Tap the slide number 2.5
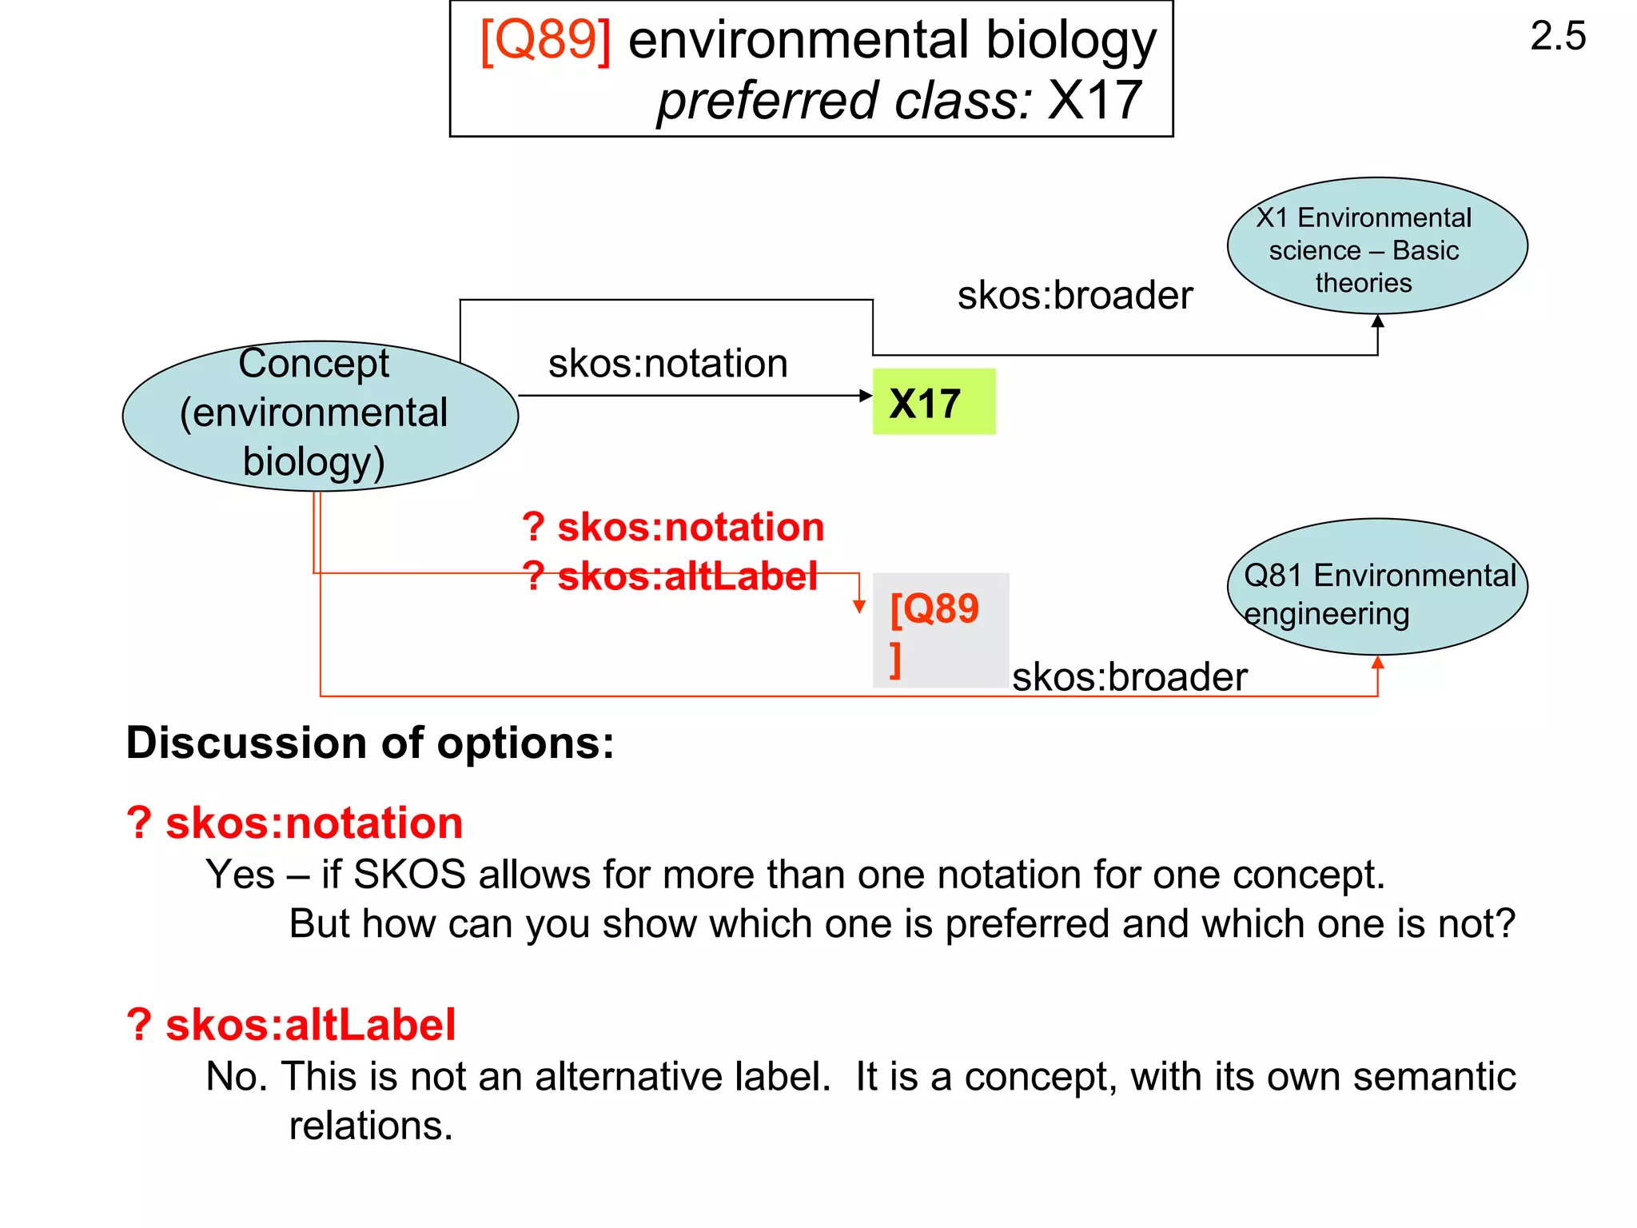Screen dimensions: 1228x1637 pyautogui.click(x=1557, y=37)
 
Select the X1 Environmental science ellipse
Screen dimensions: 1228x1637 pyautogui.click(x=1376, y=246)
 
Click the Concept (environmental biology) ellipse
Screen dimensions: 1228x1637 pyautogui.click(x=320, y=415)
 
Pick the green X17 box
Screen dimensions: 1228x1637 pyautogui.click(x=934, y=402)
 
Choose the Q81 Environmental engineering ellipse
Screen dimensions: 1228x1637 pyautogui.click(x=1376, y=588)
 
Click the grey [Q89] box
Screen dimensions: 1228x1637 pyautogui.click(x=940, y=630)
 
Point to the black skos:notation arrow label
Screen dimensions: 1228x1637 pyautogui.click(x=667, y=364)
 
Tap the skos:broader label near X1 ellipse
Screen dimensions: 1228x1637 pyautogui.click(x=1074, y=296)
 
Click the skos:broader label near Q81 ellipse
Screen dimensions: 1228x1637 pyautogui.click(x=1129, y=678)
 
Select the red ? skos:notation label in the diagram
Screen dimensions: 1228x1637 pyautogui.click(x=673, y=528)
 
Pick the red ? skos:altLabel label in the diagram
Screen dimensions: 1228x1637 pyautogui.click(x=670, y=576)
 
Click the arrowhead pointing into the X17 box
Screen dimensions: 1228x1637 pyautogui.click(x=865, y=396)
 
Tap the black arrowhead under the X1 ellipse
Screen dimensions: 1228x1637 pyautogui.click(x=1377, y=321)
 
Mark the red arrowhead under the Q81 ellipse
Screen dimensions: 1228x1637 pyautogui.click(x=1377, y=663)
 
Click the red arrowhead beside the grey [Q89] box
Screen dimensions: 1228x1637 pyautogui.click(x=859, y=607)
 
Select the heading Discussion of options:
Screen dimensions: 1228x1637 pyautogui.click(x=370, y=743)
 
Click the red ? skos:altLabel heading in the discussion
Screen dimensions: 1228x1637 pyautogui.click(x=291, y=1025)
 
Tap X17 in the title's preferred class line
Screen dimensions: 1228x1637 pyautogui.click(x=1094, y=102)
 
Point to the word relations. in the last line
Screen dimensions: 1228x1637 pyautogui.click(x=371, y=1126)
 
